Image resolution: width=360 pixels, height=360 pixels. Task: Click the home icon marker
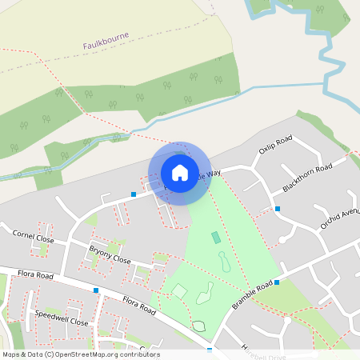180,173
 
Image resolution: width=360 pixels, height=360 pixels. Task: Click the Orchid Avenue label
341,213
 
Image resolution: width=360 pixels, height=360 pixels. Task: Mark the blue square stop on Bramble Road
277,282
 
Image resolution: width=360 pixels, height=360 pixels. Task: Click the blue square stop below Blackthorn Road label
278,209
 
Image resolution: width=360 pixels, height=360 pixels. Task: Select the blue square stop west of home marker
134,194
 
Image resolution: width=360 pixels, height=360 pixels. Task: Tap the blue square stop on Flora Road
96,290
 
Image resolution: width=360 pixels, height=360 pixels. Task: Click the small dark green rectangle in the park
215,238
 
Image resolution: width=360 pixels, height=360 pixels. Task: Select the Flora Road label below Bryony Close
141,305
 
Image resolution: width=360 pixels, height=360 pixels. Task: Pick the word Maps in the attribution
11,354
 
